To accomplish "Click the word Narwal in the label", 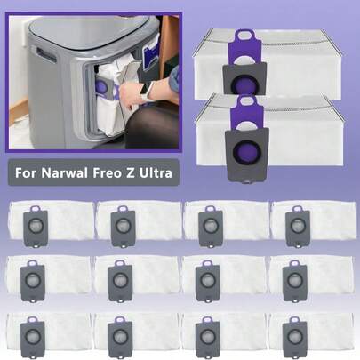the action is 64,172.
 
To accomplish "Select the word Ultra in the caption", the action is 157,172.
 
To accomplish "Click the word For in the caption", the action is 26,172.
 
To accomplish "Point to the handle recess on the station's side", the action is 46,55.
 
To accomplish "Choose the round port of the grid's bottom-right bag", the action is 295,335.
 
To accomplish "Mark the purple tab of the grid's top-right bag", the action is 297,210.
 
